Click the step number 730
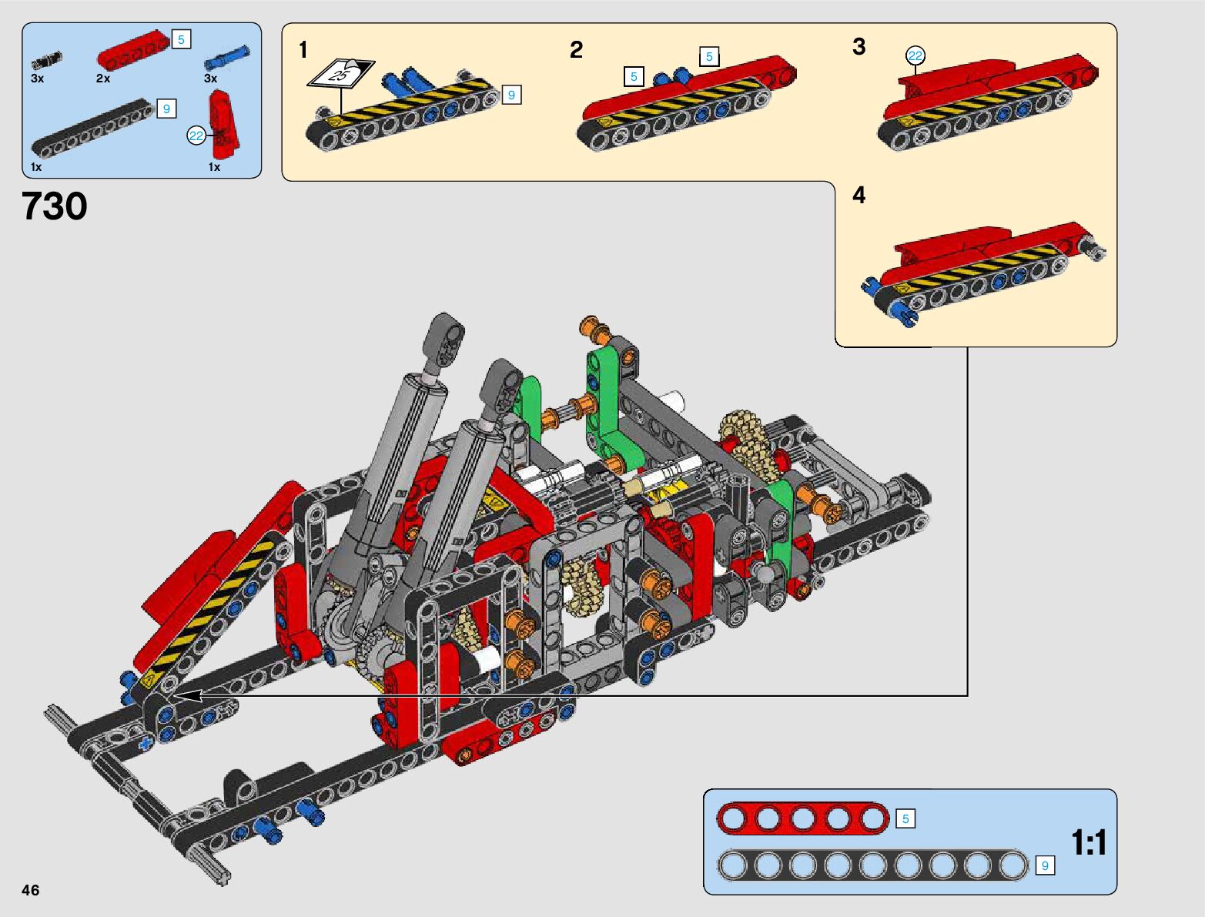tap(55, 206)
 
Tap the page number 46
tap(30, 890)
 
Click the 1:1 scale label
tap(1089, 843)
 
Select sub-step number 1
tap(303, 50)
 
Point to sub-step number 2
tap(576, 50)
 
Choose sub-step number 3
tap(859, 47)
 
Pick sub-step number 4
tap(859, 195)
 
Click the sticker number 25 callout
tap(340, 75)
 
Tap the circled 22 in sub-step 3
tap(915, 55)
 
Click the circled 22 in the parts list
tap(196, 136)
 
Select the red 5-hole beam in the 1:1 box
tap(802, 818)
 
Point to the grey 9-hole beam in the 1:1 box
tap(872, 866)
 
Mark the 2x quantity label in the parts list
tap(103, 79)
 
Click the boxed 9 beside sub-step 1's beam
tap(511, 95)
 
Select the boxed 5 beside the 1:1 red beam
tap(905, 818)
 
